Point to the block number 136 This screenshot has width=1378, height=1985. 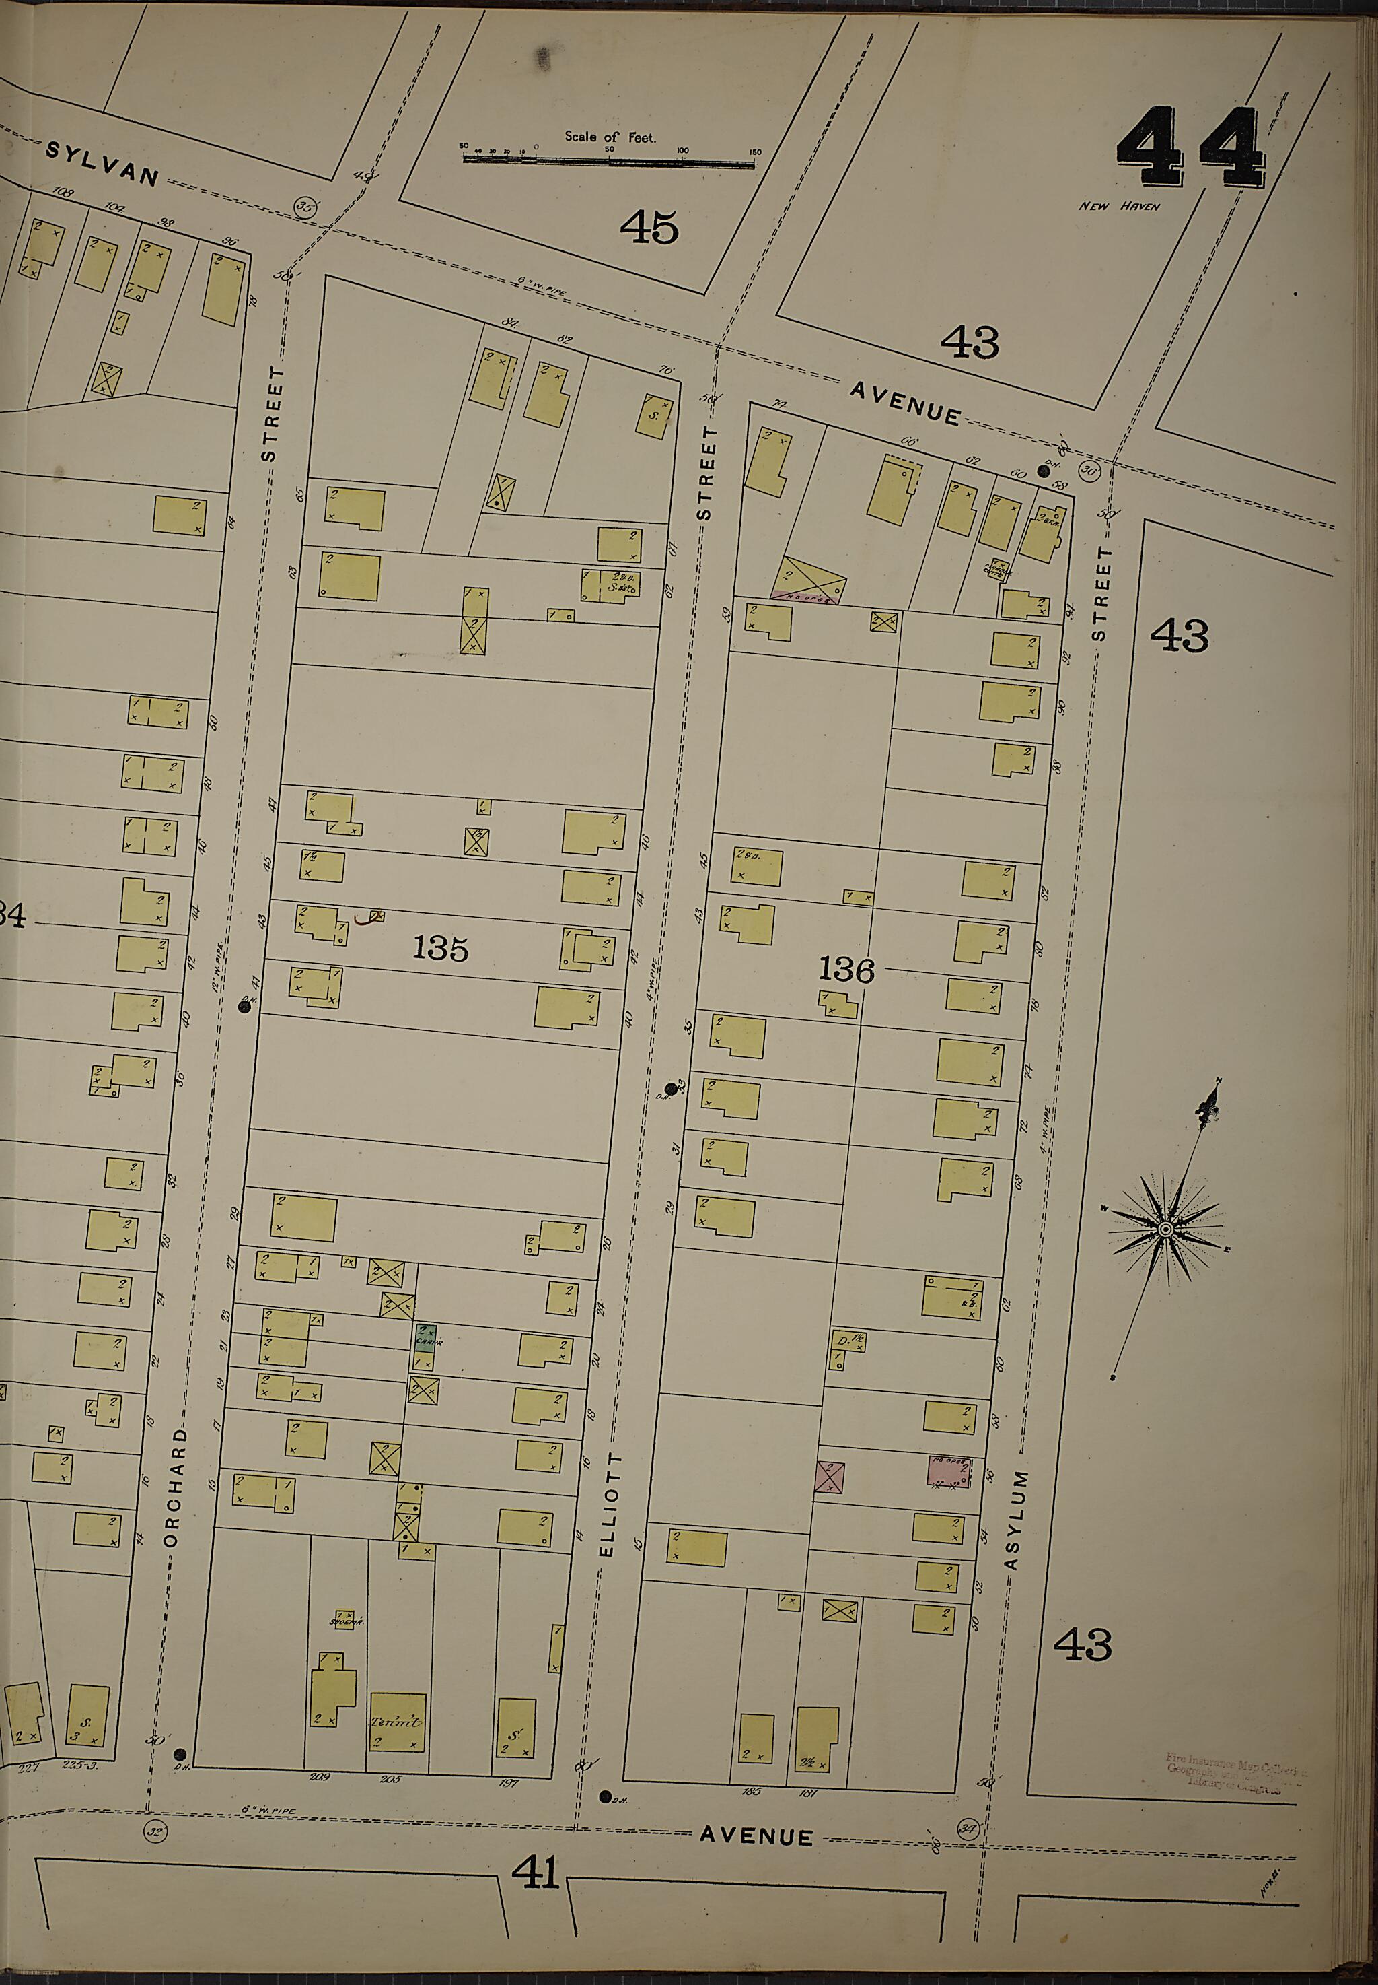[x=846, y=970]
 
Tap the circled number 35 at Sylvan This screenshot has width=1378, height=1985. [x=304, y=207]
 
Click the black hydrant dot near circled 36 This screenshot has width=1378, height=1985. [x=1044, y=471]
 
